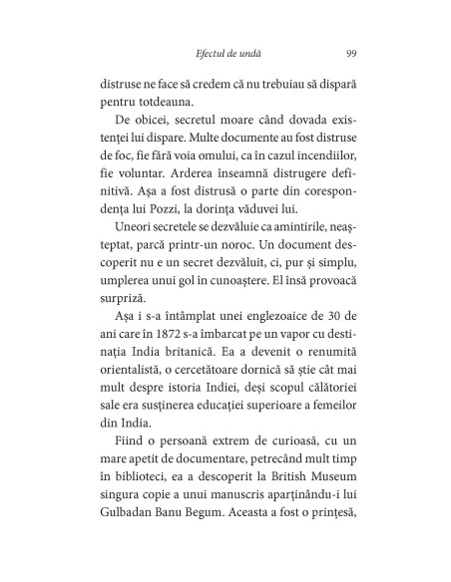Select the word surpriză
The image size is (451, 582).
[120, 335]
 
